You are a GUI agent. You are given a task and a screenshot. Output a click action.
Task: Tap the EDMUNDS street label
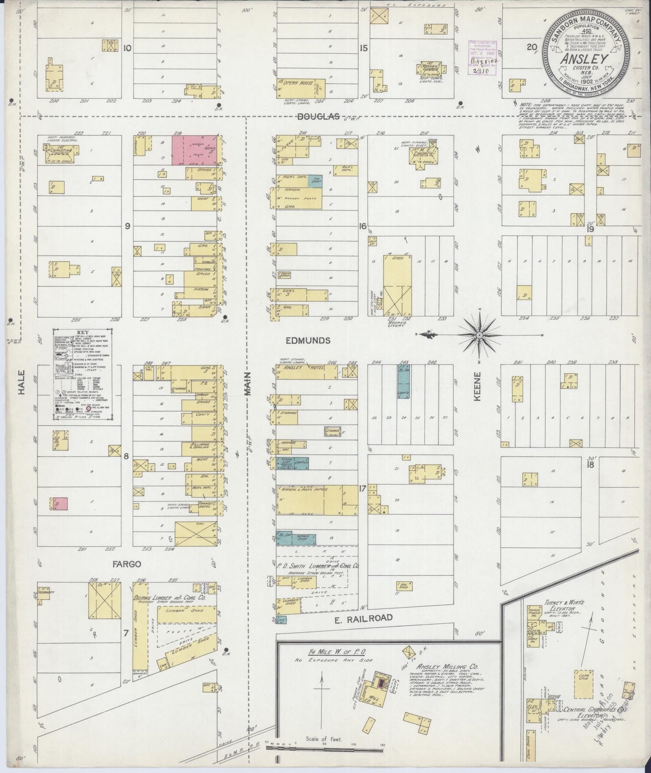tap(308, 340)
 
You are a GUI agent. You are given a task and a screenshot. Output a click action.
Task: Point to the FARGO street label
tap(127, 564)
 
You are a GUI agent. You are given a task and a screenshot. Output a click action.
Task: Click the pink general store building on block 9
tap(195, 149)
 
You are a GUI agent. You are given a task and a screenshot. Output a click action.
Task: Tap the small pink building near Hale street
tap(60, 504)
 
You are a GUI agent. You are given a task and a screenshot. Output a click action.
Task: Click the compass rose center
tap(480, 336)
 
